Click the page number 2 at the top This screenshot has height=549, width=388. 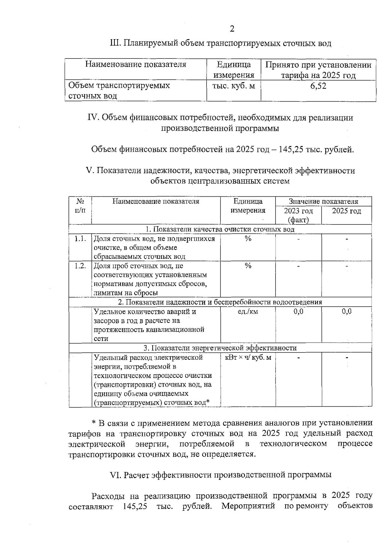pyautogui.click(x=232, y=29)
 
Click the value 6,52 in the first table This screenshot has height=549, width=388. pyautogui.click(x=318, y=86)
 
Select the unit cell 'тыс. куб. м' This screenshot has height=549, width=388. pyautogui.click(x=233, y=86)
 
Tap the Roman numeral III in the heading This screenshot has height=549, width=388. pyautogui.click(x=115, y=43)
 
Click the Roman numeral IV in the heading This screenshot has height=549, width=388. pyautogui.click(x=93, y=118)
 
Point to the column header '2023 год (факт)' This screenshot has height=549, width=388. pyautogui.click(x=298, y=215)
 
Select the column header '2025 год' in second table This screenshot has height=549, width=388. pyautogui.click(x=346, y=211)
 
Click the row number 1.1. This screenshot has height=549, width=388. pyautogui.click(x=80, y=239)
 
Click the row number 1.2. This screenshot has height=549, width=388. pyautogui.click(x=80, y=266)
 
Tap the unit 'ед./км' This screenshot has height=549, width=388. pyautogui.click(x=248, y=312)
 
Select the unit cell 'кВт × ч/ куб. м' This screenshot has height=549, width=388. pyautogui.click(x=248, y=358)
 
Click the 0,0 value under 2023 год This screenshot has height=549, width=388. pyautogui.click(x=298, y=312)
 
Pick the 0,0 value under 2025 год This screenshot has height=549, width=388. pyautogui.click(x=347, y=312)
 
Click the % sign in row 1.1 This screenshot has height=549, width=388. pyautogui.click(x=248, y=239)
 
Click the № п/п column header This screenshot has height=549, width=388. pyautogui.click(x=80, y=206)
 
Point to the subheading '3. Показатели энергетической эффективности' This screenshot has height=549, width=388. pyautogui.click(x=220, y=348)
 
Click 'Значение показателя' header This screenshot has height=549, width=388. pyautogui.click(x=323, y=201)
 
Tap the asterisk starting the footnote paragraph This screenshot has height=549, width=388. pyautogui.click(x=94, y=423)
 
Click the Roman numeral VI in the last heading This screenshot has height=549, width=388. pyautogui.click(x=116, y=475)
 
